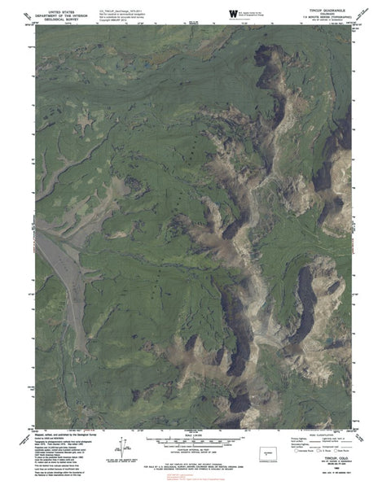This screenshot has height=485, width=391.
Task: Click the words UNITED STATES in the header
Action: coord(61,7)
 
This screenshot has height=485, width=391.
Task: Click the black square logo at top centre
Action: coord(234,12)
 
